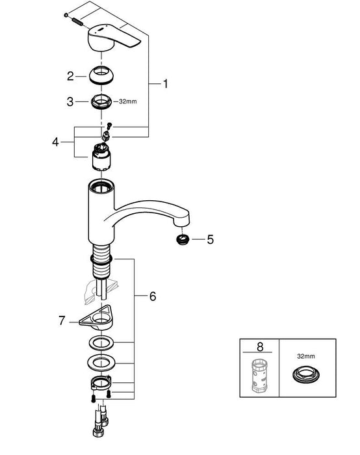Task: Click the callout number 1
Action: (165, 84)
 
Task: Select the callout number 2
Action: (70, 76)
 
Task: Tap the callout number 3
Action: (70, 102)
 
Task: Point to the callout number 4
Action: (55, 142)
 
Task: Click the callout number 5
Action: (211, 239)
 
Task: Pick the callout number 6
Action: (153, 296)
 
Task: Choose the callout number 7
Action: (62, 321)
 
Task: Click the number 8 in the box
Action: (260, 346)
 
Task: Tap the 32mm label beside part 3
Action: (127, 101)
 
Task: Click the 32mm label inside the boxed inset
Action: (306, 356)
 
